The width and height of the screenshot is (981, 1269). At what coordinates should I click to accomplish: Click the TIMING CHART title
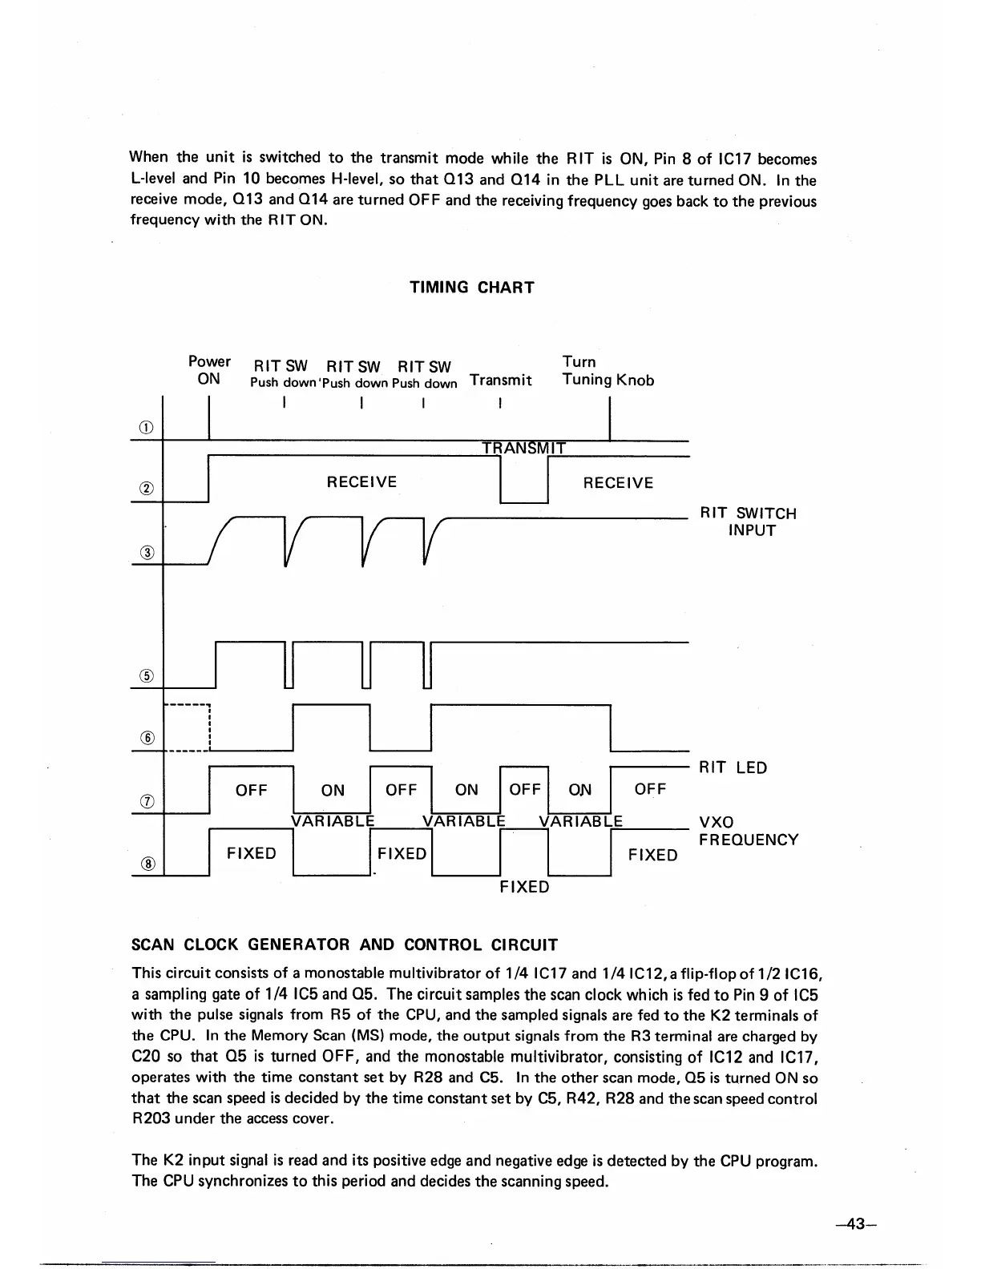tap(471, 288)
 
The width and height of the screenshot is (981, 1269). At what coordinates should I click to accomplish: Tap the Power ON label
tap(208, 370)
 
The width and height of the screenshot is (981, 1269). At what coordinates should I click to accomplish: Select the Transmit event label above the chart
tap(501, 380)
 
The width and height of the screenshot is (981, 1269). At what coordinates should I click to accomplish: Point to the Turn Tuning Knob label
tap(608, 371)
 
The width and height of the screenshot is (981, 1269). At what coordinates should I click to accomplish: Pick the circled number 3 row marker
tap(147, 552)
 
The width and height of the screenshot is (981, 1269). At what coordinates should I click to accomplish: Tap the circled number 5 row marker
tap(147, 675)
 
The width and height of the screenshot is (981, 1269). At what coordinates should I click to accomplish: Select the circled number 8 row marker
tap(147, 863)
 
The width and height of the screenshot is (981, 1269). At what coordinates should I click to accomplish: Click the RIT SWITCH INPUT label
tap(748, 522)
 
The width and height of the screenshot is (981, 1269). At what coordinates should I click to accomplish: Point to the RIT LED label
tap(733, 767)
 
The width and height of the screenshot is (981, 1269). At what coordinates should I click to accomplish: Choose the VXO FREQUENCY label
tap(749, 831)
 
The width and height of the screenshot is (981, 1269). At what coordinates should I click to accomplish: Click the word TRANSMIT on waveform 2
tap(524, 448)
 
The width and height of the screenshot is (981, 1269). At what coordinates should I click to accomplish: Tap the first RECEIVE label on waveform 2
tap(361, 481)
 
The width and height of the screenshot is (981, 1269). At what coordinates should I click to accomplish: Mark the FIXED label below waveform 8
tap(524, 887)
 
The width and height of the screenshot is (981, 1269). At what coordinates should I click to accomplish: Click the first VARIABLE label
tap(332, 821)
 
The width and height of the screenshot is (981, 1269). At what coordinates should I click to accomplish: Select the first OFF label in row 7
tap(251, 790)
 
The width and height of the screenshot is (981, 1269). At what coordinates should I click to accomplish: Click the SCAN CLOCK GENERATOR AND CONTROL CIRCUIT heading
tap(344, 945)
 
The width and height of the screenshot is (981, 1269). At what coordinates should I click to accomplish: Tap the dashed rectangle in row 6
tap(186, 728)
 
